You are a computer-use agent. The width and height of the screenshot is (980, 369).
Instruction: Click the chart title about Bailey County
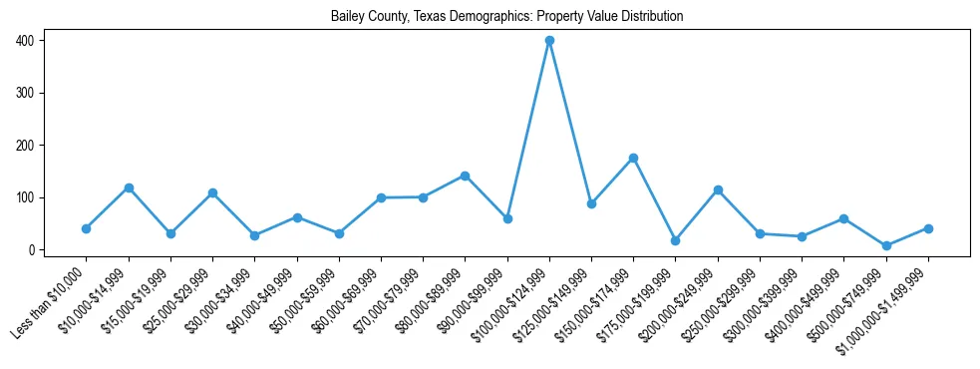coord(506,17)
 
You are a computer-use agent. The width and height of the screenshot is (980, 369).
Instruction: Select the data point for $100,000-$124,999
coord(549,41)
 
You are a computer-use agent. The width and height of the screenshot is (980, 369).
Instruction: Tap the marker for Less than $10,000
coord(87,228)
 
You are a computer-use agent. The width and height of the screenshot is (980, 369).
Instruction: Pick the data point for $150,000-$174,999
coord(634,158)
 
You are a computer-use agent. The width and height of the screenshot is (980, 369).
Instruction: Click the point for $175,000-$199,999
coord(676,240)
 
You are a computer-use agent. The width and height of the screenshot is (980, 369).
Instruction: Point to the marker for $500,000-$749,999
coord(886,245)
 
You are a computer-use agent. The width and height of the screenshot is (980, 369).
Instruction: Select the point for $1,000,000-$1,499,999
coord(928,228)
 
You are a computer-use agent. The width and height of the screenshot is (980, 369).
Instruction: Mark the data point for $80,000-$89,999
coord(466,176)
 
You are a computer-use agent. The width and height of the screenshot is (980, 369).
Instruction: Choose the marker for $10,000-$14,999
coord(129,187)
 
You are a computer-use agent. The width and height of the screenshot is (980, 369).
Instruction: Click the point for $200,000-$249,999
coord(718,189)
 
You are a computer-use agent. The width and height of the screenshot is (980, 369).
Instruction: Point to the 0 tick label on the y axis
coord(33,249)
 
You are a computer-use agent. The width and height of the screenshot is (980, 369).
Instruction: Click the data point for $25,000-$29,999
coord(212,192)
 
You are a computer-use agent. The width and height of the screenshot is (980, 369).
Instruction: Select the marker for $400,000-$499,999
coord(844,218)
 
